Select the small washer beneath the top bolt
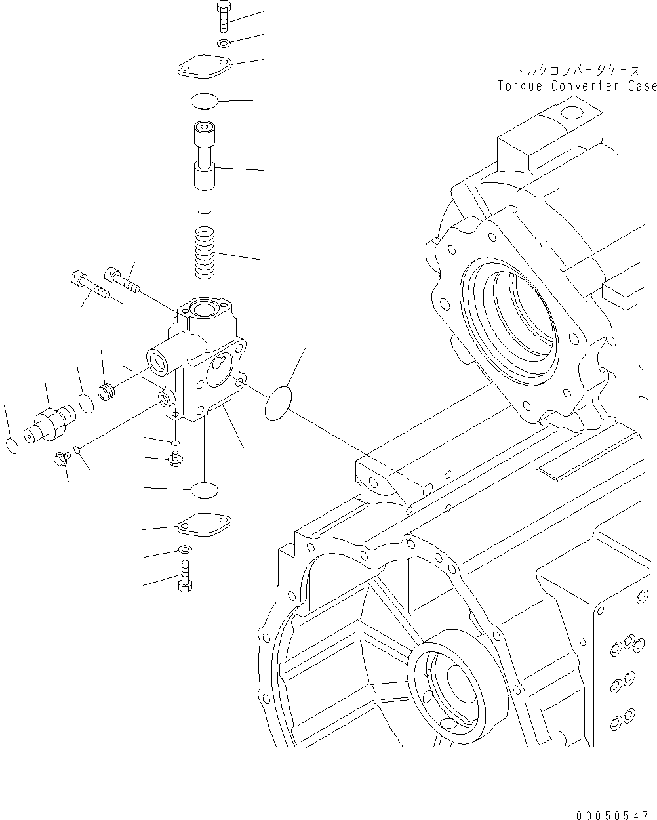223,43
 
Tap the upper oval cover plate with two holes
205,68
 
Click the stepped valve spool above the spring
204,167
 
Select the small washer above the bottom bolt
185,549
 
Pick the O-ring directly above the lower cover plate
204,489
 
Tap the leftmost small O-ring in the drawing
12,446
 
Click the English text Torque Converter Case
576,86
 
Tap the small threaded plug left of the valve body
107,392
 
